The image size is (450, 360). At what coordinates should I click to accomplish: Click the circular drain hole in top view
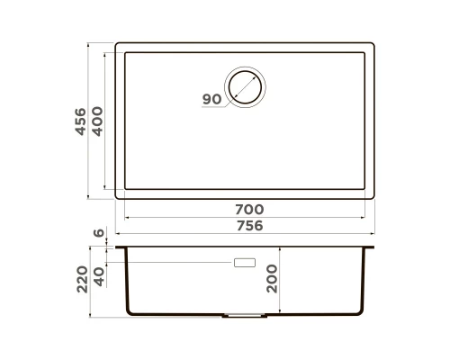pyautogui.click(x=246, y=88)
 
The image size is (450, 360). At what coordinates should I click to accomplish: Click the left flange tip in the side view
pyautogui.click(x=117, y=246)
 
